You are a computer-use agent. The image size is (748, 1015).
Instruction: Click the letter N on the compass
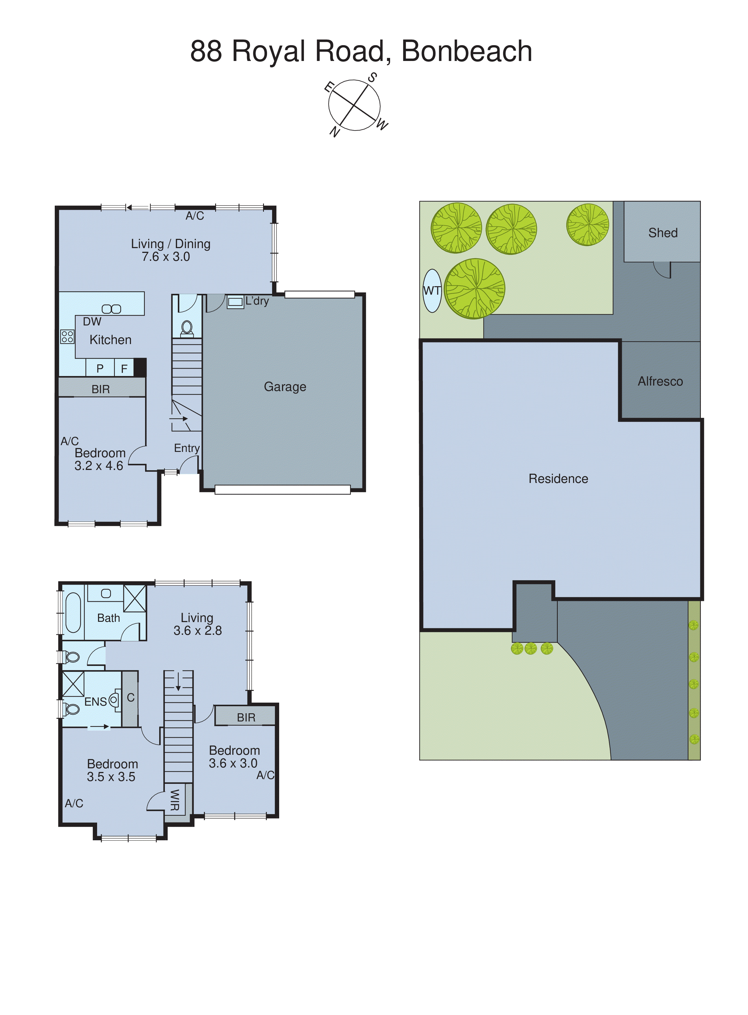point(334,132)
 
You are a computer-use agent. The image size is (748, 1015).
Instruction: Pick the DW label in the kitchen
point(92,321)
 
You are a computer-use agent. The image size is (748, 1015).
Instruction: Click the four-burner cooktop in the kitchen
point(67,336)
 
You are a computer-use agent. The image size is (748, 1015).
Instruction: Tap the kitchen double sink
point(111,309)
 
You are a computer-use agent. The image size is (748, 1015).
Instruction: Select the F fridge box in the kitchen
point(124,369)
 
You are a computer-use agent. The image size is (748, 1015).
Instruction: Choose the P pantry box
point(100,369)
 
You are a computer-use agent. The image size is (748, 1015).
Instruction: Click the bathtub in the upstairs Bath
point(73,613)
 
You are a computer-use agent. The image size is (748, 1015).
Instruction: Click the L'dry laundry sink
point(235,301)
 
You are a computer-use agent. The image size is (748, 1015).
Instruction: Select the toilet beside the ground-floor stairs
point(187,328)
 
